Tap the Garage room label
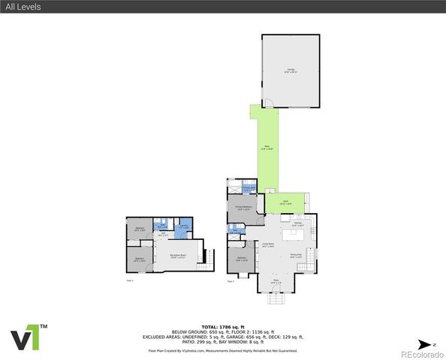tap(289, 70)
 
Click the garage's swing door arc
tap(267, 103)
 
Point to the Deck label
tap(285, 202)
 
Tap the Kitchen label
tap(297, 223)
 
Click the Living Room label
tap(267, 245)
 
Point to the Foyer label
tap(276, 281)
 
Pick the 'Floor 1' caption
tap(130, 280)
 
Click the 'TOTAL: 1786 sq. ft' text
tap(223, 327)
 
